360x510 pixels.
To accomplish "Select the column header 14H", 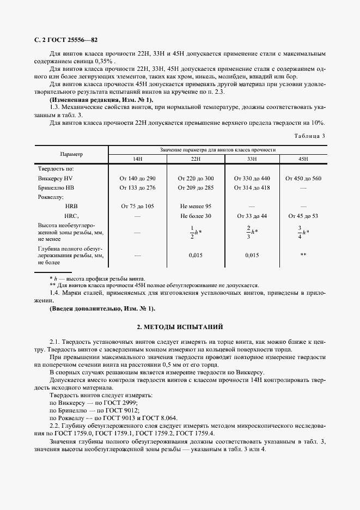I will (138, 158).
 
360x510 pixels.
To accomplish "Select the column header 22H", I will (196, 158).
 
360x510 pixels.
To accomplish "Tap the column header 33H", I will (252, 158).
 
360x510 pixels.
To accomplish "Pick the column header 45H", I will (303, 158).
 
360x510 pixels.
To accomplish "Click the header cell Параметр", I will (71, 154).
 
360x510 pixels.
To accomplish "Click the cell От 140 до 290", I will (138, 178).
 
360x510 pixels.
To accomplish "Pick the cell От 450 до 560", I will (303, 178).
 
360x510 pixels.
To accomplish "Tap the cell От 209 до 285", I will (196, 187).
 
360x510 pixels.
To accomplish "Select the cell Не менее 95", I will (196, 206).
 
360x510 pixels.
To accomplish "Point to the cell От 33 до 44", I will (252, 216).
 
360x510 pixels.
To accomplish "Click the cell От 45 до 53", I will (303, 216).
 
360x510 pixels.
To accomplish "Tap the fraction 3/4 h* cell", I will (303, 232).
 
